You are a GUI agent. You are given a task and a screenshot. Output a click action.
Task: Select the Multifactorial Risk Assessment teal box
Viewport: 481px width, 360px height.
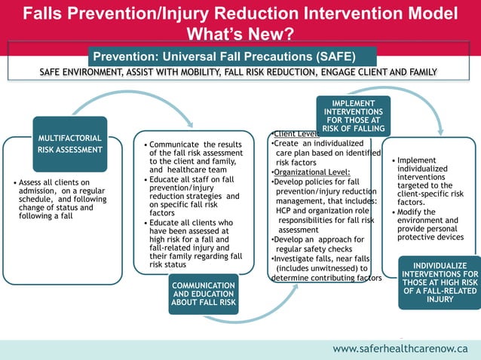click(x=69, y=143)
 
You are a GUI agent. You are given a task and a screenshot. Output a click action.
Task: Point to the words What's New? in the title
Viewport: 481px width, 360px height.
click(x=240, y=33)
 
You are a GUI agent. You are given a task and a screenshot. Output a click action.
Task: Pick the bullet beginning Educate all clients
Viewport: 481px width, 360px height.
click(x=195, y=243)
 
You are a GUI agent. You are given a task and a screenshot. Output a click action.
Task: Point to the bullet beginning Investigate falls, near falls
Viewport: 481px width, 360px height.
click(x=325, y=267)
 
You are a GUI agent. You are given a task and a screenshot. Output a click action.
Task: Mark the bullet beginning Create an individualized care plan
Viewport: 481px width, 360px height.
click(x=325, y=153)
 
